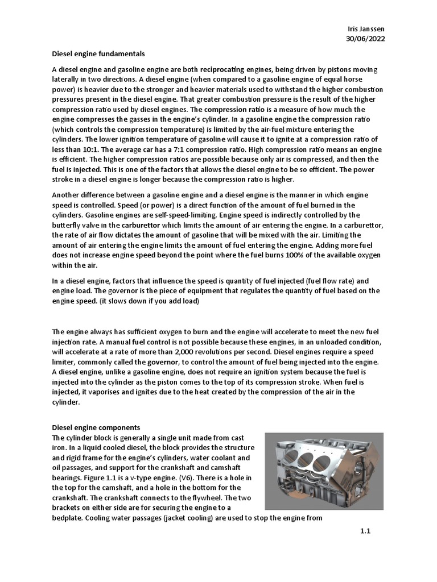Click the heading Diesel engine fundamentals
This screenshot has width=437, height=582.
pos(98,54)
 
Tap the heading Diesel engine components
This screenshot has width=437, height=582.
pos(96,427)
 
